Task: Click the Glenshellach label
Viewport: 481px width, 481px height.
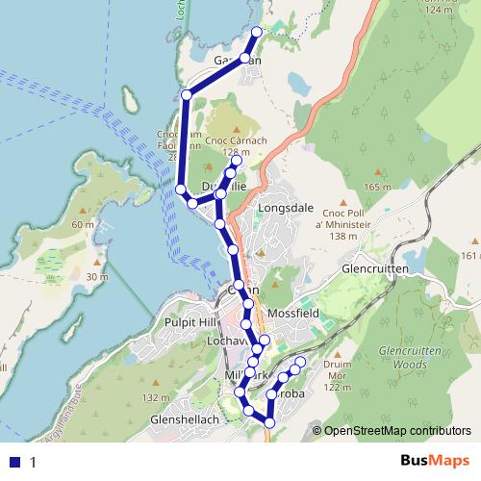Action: click(184, 419)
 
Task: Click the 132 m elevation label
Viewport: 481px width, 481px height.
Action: click(156, 398)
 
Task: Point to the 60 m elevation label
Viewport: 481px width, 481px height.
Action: click(84, 223)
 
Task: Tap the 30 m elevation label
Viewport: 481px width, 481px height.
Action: click(96, 277)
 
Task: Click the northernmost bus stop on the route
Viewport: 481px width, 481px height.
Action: click(257, 32)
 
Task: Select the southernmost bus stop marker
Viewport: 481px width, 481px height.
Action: click(269, 423)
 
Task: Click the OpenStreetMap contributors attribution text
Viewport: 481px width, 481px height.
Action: click(397, 431)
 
